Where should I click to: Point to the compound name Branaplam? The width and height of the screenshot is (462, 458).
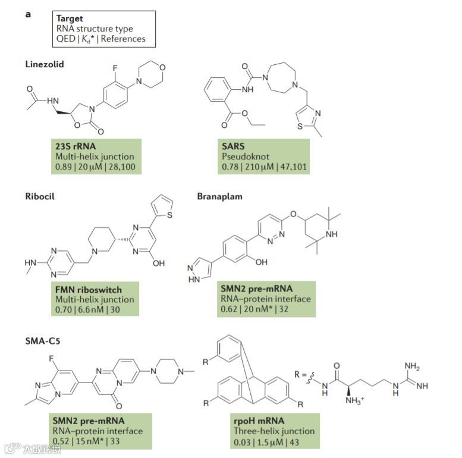pos(221,195)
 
